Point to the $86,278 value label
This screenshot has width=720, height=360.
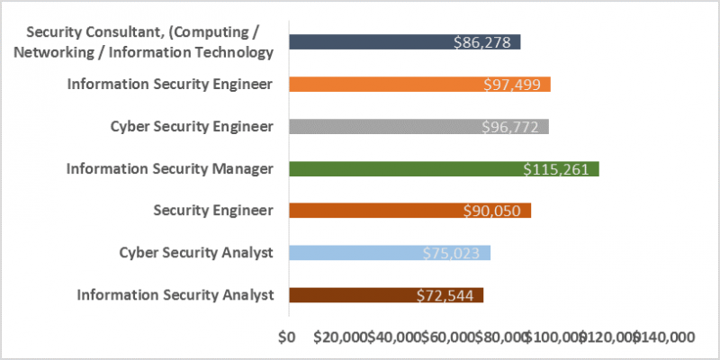point(486,41)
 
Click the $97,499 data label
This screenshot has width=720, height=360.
point(516,84)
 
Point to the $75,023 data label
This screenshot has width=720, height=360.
point(455,253)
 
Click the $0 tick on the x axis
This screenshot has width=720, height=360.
point(288,337)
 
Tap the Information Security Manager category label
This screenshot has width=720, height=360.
point(169,168)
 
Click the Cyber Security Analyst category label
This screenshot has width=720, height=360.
point(196,253)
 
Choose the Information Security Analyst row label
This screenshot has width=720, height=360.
point(175,295)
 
